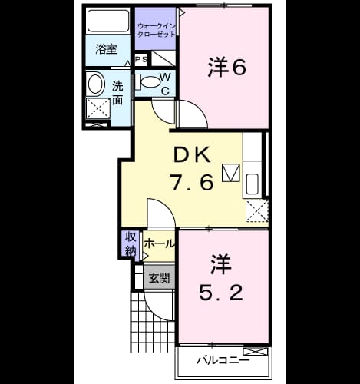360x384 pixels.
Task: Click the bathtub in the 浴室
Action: [108, 21]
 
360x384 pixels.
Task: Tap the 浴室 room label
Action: [107, 49]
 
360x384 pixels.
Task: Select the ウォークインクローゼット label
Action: [157, 30]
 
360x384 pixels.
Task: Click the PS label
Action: [141, 59]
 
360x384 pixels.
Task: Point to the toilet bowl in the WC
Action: [150, 81]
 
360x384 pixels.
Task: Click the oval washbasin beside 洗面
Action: [95, 83]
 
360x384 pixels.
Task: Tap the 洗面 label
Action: [117, 93]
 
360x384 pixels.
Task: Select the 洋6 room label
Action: [226, 67]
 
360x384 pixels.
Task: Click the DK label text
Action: [192, 154]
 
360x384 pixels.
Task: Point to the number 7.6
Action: [192, 182]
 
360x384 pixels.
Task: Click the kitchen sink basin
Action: [252, 184]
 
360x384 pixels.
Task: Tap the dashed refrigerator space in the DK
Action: [257, 210]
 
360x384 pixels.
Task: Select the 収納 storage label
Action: [130, 245]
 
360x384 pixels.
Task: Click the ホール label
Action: [160, 243]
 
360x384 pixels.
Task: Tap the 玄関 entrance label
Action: [159, 278]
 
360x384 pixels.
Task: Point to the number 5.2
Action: [221, 293]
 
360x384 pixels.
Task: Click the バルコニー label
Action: [223, 360]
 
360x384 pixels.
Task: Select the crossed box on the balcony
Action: [256, 351]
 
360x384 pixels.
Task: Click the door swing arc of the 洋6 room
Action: [197, 111]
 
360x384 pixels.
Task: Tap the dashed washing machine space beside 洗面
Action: [98, 108]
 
